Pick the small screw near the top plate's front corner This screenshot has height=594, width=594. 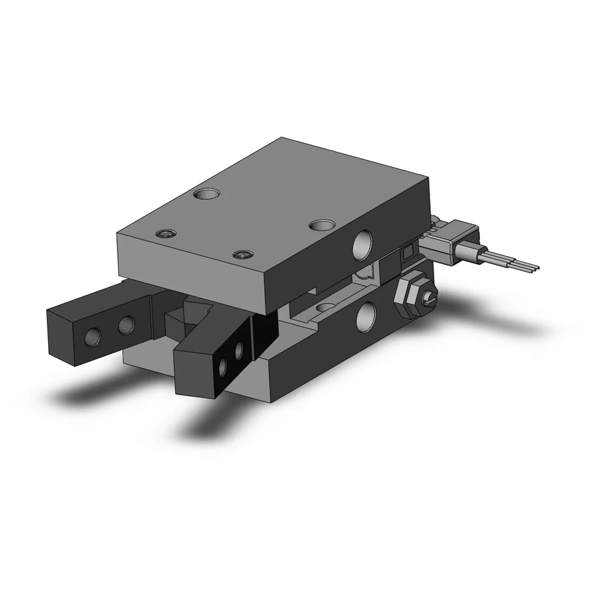point(242,255)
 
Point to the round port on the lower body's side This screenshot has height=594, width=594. point(366,316)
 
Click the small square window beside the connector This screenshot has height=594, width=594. point(407,254)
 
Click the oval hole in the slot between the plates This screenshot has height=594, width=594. point(326,307)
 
